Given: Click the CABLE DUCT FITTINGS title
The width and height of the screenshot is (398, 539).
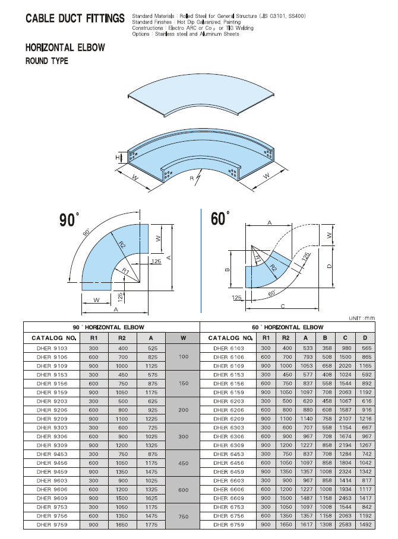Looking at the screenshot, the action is [75, 18].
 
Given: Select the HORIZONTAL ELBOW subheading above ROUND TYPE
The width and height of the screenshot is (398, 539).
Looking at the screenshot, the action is [65, 47].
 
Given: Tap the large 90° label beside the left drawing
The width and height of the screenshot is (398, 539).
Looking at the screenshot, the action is [69, 219].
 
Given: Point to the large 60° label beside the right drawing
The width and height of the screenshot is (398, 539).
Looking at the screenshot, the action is [220, 218].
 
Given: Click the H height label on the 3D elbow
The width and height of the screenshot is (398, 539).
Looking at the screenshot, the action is [118, 158].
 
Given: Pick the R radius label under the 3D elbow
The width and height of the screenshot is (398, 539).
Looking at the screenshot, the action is [192, 178].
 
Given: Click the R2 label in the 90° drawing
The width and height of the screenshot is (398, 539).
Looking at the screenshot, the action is [122, 245].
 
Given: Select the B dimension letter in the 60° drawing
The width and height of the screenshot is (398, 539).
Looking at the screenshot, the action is [228, 269].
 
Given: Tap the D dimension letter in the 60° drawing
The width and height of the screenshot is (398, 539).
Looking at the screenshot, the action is [329, 266].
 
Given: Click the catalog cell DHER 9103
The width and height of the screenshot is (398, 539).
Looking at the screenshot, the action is [52, 348].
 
